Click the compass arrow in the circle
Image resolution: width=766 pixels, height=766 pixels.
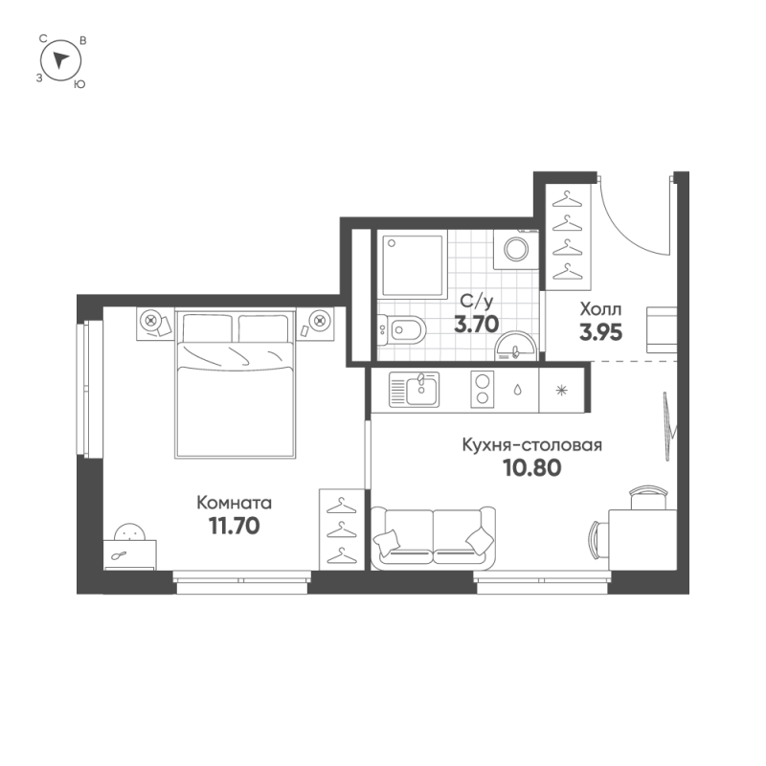point(60,59)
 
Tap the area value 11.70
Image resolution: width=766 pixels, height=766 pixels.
point(234,526)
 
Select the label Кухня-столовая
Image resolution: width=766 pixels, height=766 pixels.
point(532,445)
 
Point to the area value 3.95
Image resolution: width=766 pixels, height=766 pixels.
point(601,332)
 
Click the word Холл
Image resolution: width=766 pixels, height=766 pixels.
point(601,309)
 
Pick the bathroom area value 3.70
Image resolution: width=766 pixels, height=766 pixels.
point(476,324)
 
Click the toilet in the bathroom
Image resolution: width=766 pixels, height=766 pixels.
point(401,329)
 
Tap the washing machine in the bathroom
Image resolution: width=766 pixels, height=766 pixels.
point(516,249)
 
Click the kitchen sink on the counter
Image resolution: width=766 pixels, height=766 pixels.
point(414,390)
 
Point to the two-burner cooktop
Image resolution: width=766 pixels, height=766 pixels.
point(483,390)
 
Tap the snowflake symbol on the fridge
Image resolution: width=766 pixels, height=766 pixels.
point(562,390)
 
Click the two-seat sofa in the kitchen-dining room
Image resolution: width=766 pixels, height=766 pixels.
point(434,537)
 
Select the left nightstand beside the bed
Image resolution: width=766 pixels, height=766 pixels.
point(155,324)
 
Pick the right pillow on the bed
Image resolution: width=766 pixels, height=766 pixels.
point(264,328)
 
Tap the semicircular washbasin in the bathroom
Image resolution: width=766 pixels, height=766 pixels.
point(515,347)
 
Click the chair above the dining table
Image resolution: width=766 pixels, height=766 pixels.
point(648,498)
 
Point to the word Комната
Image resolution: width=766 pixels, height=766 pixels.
point(234,503)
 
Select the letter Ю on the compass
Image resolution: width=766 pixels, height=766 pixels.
point(79,84)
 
